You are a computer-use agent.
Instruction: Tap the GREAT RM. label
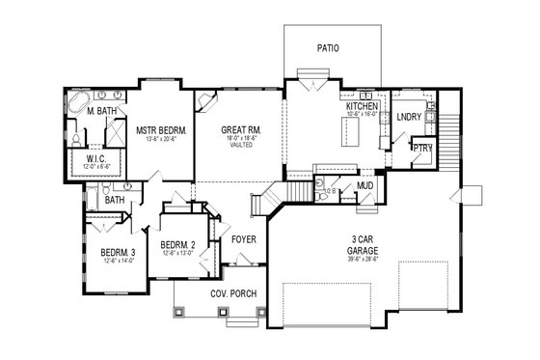pos(241,129)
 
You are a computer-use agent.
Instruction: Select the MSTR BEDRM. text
pos(161,129)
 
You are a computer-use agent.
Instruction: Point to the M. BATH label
pos(102,112)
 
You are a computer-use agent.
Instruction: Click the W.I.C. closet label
pos(96,159)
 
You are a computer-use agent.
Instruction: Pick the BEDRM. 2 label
pos(178,245)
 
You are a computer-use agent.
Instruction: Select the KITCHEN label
pos(363,105)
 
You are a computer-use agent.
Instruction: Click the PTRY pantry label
pos(421,150)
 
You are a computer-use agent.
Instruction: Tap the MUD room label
pos(365,184)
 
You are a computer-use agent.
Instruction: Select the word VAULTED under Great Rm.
pos(241,147)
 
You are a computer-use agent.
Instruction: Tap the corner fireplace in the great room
pos(205,101)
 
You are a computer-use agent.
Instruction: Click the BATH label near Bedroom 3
pos(115,200)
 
